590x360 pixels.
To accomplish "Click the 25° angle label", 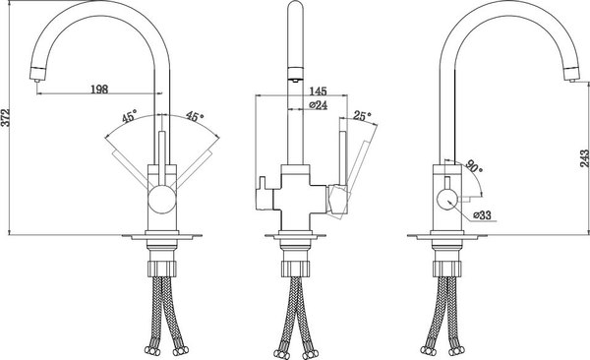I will pos(363,117).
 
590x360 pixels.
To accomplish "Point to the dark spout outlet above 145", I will pos(293,72).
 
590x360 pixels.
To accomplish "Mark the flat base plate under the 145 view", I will pos(295,237).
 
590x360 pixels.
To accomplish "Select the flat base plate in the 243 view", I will pos(444,237).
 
